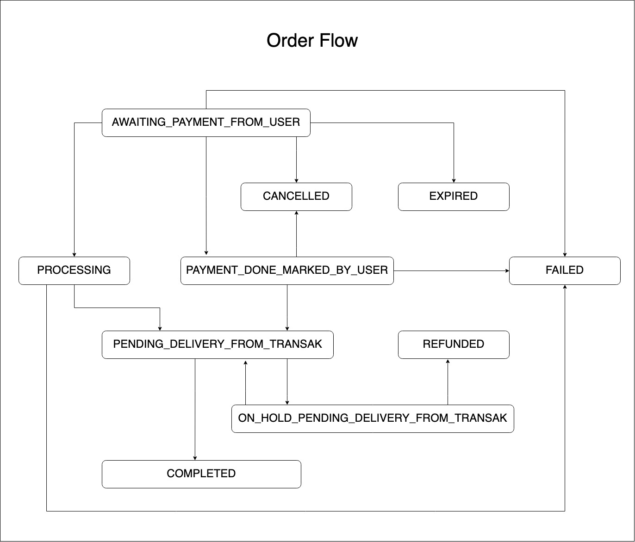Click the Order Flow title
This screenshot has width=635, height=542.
[x=312, y=41]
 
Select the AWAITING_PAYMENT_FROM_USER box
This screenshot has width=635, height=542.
[x=206, y=123]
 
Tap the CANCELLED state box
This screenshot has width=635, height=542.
[x=296, y=197]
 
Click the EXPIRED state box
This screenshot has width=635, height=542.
[x=454, y=197]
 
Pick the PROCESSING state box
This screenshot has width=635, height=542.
[x=74, y=271]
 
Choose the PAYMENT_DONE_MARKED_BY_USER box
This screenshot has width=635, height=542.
[x=287, y=271]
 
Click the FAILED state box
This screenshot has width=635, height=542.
[x=565, y=271]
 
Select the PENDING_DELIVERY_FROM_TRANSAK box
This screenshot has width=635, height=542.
[x=218, y=345]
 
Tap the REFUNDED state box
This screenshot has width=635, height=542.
[x=454, y=345]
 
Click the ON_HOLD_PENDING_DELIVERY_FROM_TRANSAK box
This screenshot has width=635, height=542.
[x=373, y=419]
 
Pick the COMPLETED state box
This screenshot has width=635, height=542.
[x=201, y=474]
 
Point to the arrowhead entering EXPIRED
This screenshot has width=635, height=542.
[x=454, y=180]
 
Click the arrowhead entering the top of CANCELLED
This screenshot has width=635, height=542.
[x=296, y=180]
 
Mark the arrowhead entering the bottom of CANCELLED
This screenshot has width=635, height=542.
[x=296, y=213]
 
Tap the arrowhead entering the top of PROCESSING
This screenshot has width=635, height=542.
[x=74, y=254]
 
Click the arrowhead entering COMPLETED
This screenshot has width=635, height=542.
[x=195, y=458]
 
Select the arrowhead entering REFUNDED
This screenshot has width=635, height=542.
[x=448, y=361]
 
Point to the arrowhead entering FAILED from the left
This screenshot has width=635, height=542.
[x=506, y=271]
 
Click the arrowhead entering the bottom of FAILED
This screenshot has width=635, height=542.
[x=565, y=287]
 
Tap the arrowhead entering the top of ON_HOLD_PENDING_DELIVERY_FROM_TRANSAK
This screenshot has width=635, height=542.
[x=287, y=402]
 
